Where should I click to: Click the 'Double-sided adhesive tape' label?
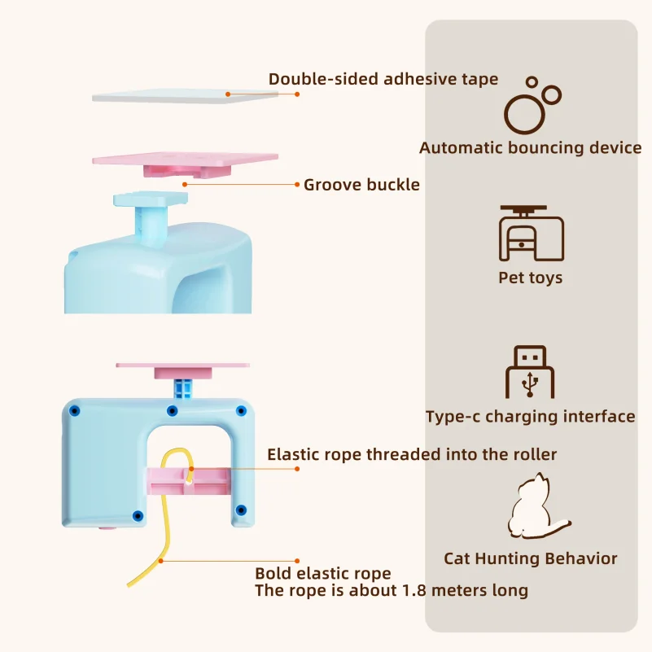383,79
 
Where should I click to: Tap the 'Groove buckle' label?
361,185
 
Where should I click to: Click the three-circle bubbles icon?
532,105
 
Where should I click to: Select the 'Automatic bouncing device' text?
530,148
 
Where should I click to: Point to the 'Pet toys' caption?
530,278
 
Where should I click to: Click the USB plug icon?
530,371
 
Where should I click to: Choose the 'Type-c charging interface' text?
530,417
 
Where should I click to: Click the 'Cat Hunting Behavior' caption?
530,558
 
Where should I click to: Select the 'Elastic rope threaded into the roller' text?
412,454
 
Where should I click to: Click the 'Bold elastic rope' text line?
322,573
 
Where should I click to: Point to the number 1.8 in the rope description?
414,590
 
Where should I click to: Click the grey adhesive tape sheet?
185,96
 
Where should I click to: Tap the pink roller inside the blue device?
188,481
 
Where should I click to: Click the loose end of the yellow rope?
129,585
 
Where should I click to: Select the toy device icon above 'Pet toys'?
531,233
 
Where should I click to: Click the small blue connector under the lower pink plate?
183,388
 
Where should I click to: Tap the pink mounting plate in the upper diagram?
185,163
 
